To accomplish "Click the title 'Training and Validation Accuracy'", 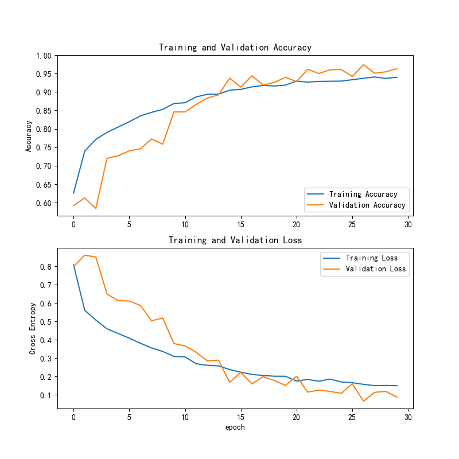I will click(235, 48).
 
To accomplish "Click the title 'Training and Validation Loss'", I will click(235, 240).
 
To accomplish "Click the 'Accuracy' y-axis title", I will click(28, 136).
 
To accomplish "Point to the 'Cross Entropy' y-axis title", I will click(33, 328).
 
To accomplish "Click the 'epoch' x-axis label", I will click(235, 427).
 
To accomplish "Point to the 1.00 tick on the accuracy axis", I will click(44, 56).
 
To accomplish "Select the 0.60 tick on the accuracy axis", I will click(44, 203).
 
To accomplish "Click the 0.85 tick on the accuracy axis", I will click(44, 111).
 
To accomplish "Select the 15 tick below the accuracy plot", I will click(240, 225).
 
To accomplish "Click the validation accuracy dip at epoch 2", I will click(96, 208).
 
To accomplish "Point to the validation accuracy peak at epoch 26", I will click(363, 65).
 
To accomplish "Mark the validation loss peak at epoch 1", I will click(85, 255).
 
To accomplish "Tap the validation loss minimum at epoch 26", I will click(363, 401).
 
